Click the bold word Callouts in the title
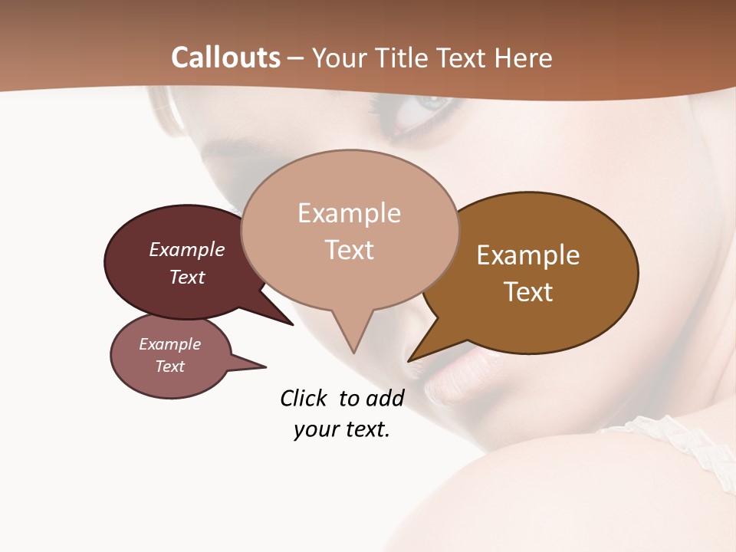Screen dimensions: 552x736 click(225, 58)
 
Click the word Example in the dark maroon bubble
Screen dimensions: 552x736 click(187, 249)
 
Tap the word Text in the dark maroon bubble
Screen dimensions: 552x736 click(187, 277)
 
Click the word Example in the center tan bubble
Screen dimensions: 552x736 click(349, 213)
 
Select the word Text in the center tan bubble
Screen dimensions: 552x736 click(349, 250)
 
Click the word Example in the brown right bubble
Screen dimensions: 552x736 click(528, 255)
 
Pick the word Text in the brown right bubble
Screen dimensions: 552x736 click(528, 292)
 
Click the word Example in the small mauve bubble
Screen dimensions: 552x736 click(169, 344)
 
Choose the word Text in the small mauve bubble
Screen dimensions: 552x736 click(169, 366)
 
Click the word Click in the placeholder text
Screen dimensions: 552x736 click(304, 398)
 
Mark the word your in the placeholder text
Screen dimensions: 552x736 click(316, 429)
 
